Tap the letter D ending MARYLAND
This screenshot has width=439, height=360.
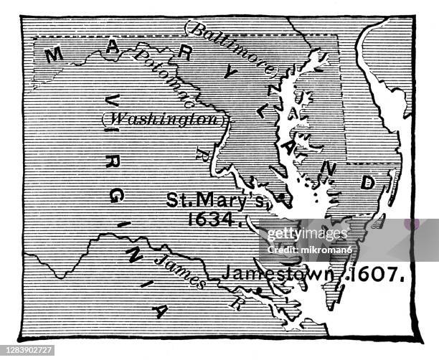click(367, 182)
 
